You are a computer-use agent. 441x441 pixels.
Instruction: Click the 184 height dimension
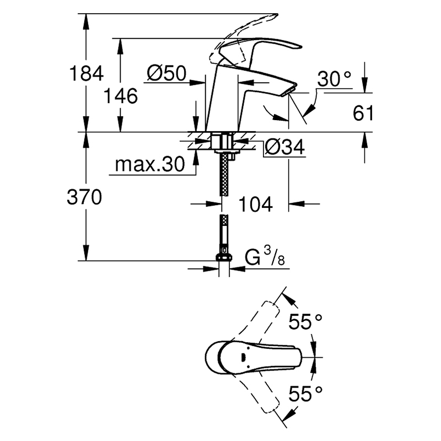[x=87, y=73]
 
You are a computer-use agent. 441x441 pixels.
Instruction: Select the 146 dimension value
[x=121, y=96]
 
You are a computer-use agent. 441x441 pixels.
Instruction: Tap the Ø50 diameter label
[x=166, y=73]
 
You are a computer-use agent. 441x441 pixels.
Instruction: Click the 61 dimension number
[x=363, y=113]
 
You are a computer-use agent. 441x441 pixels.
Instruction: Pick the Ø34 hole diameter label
[x=284, y=147]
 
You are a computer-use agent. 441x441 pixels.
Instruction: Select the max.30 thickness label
[x=150, y=164]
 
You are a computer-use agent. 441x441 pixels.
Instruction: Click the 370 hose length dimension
[x=84, y=197]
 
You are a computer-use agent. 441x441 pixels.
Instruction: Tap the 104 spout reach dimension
[x=255, y=204]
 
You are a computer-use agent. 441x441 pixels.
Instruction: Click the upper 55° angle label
[x=305, y=321]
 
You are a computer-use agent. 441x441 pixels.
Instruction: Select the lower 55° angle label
[x=305, y=394]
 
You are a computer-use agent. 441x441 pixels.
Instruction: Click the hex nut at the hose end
[x=224, y=257]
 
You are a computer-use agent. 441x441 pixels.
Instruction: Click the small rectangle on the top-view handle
[x=243, y=358]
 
